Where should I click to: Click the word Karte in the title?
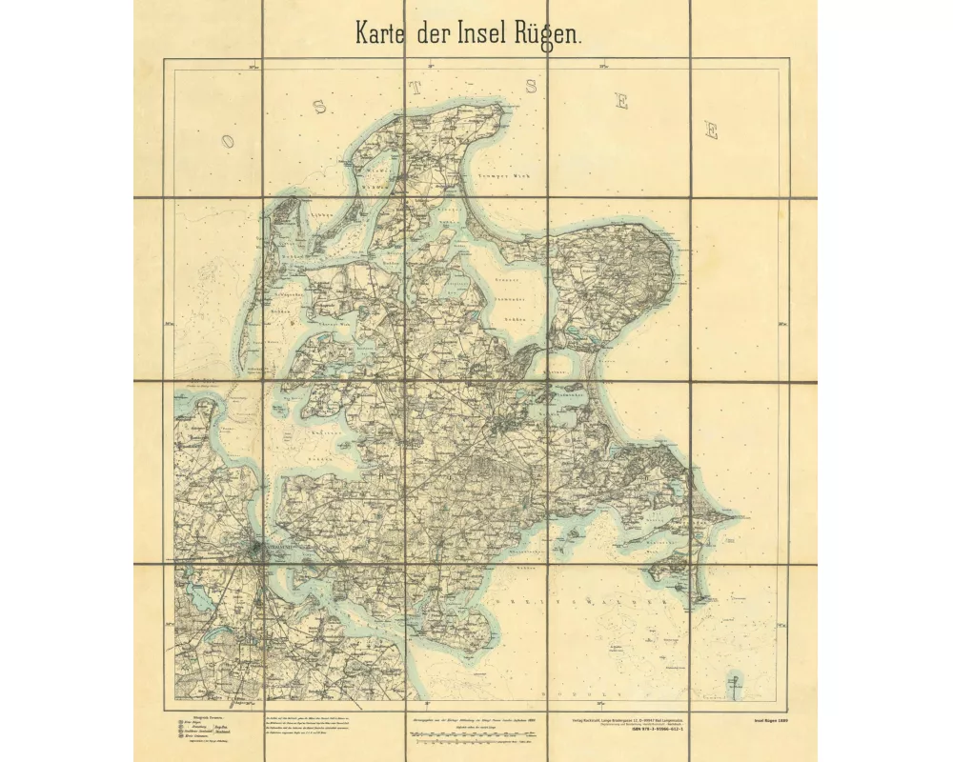click(x=382, y=32)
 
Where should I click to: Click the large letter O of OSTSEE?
click(x=227, y=140)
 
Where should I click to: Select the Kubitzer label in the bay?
click(x=327, y=431)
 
